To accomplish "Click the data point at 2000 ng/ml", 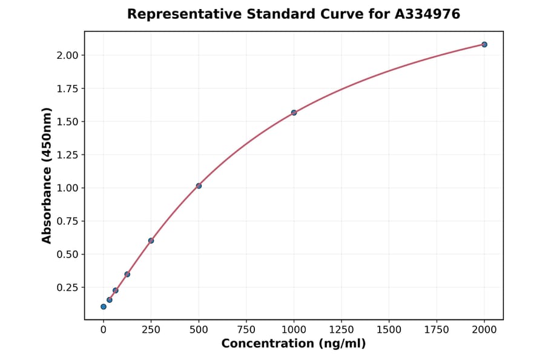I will pyautogui.click(x=484, y=44).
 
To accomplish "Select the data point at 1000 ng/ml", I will pyautogui.click(x=294, y=113).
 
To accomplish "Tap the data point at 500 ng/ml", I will pyautogui.click(x=199, y=185).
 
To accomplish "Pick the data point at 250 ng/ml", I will pyautogui.click(x=151, y=241).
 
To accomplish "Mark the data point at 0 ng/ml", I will pyautogui.click(x=104, y=307).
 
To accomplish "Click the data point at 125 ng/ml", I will pyautogui.click(x=127, y=274).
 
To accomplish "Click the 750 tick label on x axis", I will pyautogui.click(x=246, y=330).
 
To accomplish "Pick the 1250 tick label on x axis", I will pyautogui.click(x=342, y=330).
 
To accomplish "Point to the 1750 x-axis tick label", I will pyautogui.click(x=437, y=330).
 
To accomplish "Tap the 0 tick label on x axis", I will pyautogui.click(x=104, y=330).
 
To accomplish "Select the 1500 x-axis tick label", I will pyautogui.click(x=389, y=330).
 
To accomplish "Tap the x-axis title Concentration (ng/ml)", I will pyautogui.click(x=294, y=344).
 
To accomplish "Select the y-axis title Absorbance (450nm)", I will pyautogui.click(x=47, y=175).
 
